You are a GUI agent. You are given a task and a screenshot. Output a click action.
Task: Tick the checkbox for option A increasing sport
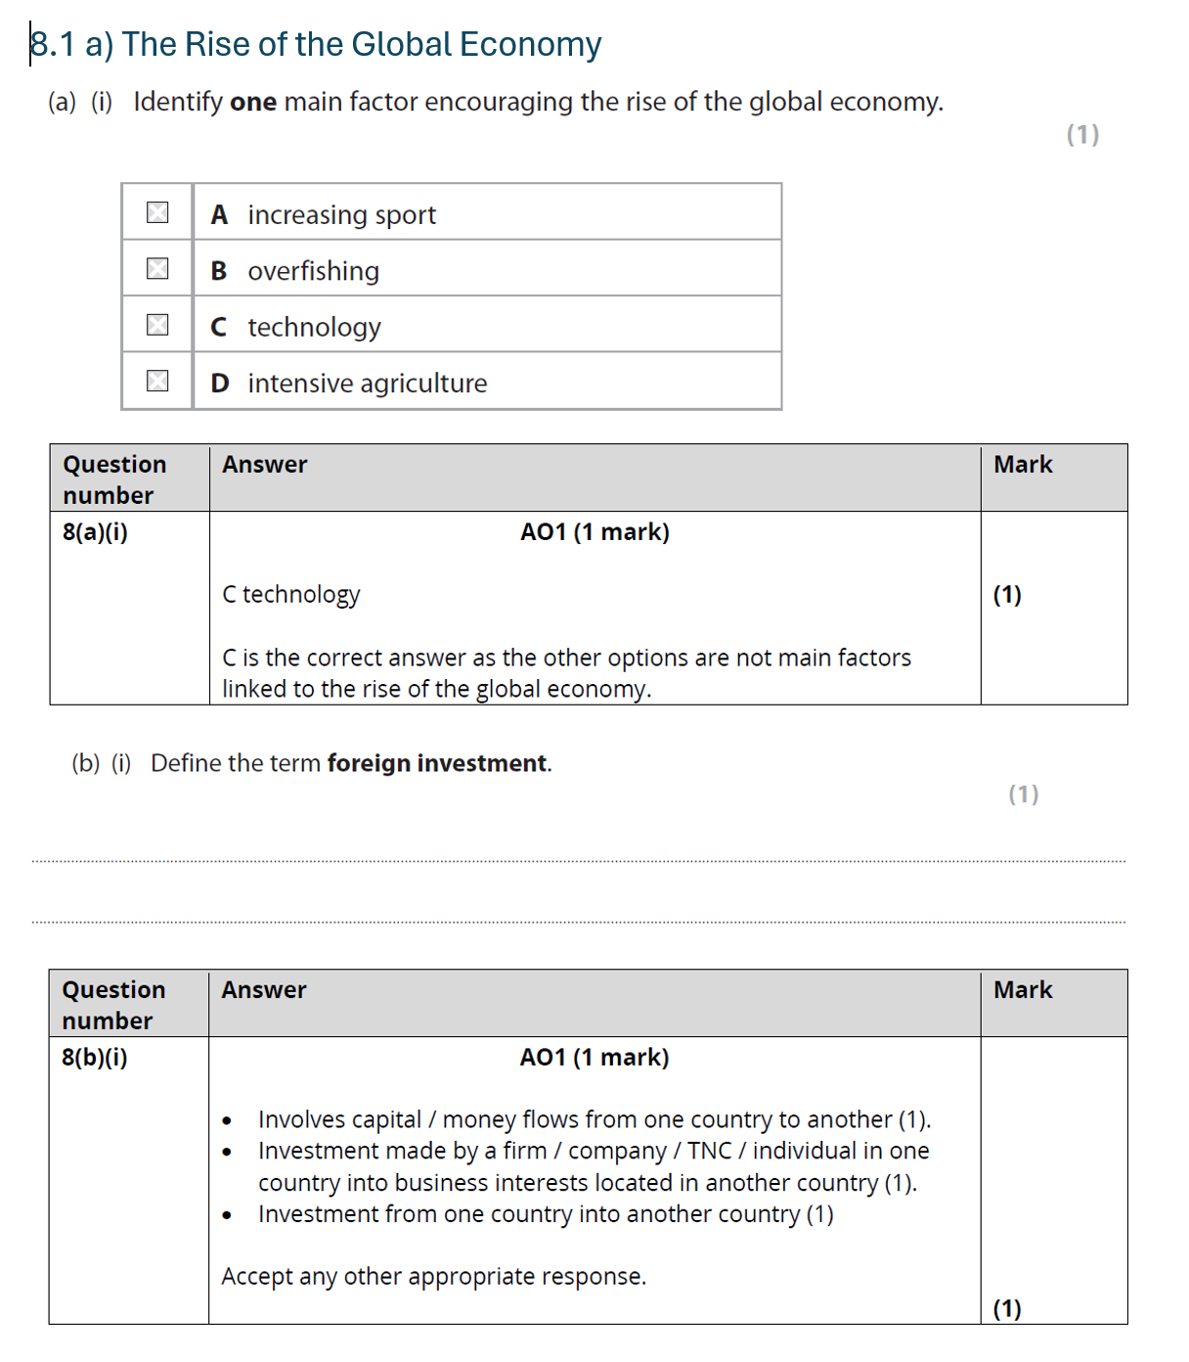(x=157, y=212)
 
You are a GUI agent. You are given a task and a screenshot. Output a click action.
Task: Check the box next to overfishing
(x=157, y=268)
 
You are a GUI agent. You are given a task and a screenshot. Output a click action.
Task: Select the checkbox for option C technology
(x=157, y=325)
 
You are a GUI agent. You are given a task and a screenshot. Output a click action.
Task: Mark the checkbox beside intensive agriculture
(x=157, y=381)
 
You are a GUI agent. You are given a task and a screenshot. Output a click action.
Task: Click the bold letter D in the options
(x=220, y=384)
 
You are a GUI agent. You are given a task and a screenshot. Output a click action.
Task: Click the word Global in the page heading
(x=401, y=45)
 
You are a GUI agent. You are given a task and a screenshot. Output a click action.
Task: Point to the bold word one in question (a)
(x=253, y=102)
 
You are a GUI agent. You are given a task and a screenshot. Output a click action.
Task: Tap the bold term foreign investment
(x=437, y=763)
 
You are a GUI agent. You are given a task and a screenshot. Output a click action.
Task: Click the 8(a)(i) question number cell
(x=96, y=532)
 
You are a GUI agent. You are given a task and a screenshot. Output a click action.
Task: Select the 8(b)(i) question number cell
(x=95, y=1058)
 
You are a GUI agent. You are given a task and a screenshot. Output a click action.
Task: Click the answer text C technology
(x=291, y=595)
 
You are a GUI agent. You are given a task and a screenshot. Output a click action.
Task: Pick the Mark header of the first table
(x=1023, y=465)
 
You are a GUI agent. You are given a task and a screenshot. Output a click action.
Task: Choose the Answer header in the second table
(x=264, y=990)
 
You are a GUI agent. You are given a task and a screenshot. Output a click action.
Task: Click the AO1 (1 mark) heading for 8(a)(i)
(x=594, y=532)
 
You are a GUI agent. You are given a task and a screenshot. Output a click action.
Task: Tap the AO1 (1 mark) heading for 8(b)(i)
(x=594, y=1058)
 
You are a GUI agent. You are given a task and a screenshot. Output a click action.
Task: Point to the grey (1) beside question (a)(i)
(x=1082, y=134)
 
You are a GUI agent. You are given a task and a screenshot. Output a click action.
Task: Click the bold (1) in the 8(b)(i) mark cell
(x=1007, y=1308)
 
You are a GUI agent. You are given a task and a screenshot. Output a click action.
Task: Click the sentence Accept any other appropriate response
(x=433, y=1277)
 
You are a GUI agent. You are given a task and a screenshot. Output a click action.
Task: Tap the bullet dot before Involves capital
(x=227, y=1121)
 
